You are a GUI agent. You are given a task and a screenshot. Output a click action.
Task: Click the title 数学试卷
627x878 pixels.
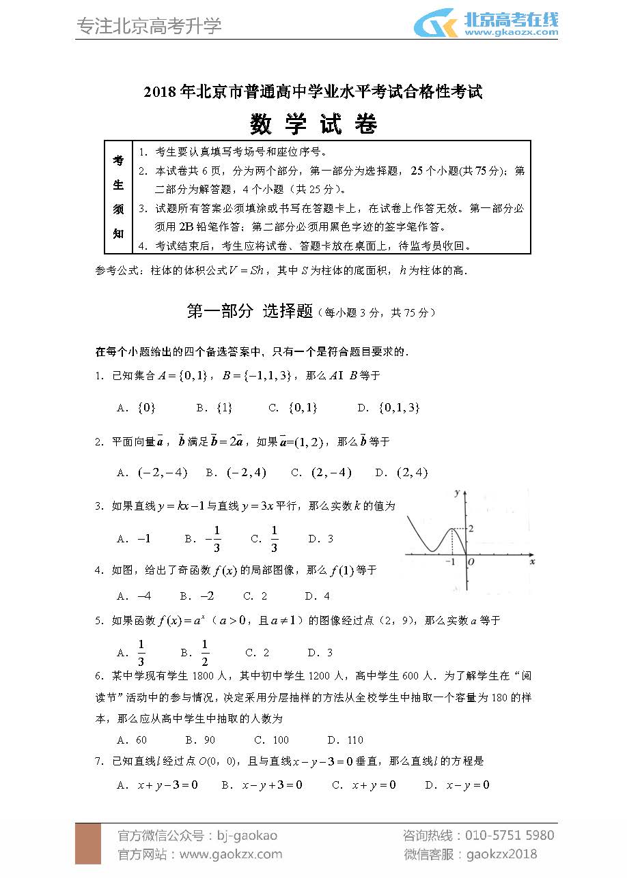(x=313, y=125)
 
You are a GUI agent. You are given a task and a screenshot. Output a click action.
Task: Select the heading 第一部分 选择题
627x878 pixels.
(x=249, y=311)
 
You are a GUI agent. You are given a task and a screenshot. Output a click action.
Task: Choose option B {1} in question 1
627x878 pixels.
(x=215, y=407)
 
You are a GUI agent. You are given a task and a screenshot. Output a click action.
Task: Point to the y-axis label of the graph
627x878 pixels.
(x=456, y=492)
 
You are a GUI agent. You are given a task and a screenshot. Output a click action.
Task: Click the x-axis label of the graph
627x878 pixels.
(x=531, y=561)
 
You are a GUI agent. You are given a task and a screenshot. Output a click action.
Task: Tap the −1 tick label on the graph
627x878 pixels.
(x=450, y=561)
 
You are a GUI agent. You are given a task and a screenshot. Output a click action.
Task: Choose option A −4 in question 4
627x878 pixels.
(x=135, y=596)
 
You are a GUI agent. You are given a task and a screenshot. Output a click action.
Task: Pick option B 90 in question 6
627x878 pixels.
(x=200, y=740)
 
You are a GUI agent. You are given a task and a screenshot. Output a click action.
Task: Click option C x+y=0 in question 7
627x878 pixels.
(x=364, y=785)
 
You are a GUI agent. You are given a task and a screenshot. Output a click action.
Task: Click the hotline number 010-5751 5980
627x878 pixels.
(x=509, y=836)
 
